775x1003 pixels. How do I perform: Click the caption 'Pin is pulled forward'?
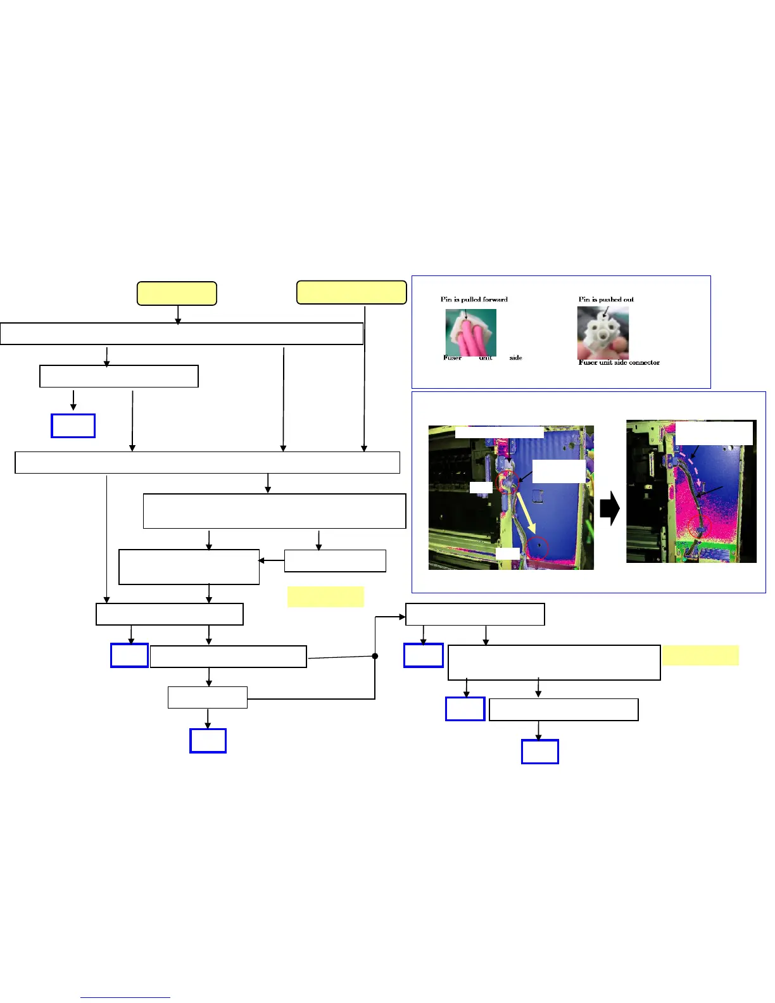click(474, 300)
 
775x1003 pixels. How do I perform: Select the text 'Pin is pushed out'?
click(606, 300)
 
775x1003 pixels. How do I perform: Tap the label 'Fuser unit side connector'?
click(619, 362)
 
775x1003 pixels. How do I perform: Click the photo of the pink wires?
click(470, 332)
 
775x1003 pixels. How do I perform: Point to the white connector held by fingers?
click(602, 332)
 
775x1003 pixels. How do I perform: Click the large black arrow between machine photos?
click(610, 510)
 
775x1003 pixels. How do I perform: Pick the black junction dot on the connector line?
click(375, 656)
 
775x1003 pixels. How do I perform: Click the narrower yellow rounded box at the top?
click(177, 294)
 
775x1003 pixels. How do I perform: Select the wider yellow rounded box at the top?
click(351, 293)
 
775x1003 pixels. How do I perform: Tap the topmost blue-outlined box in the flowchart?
click(73, 426)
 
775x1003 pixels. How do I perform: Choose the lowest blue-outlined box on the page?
click(539, 752)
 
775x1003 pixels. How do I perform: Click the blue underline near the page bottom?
click(125, 998)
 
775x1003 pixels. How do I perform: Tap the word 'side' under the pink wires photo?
click(515, 358)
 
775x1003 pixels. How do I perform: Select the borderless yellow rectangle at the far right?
click(700, 655)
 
